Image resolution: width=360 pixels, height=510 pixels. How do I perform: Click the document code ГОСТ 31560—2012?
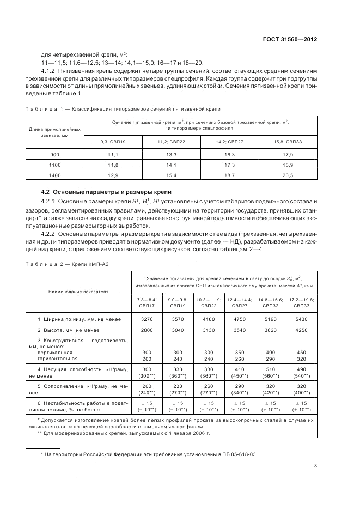[290, 39]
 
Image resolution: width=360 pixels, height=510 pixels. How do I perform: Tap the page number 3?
[316, 465]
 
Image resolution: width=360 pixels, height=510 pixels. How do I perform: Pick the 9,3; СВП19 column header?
[113, 142]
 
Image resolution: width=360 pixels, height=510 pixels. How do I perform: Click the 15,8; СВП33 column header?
[287, 142]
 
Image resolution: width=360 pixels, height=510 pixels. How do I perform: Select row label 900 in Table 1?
[54, 155]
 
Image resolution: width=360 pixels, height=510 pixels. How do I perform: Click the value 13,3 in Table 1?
[171, 155]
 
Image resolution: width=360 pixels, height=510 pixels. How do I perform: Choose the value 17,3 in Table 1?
[229, 165]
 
